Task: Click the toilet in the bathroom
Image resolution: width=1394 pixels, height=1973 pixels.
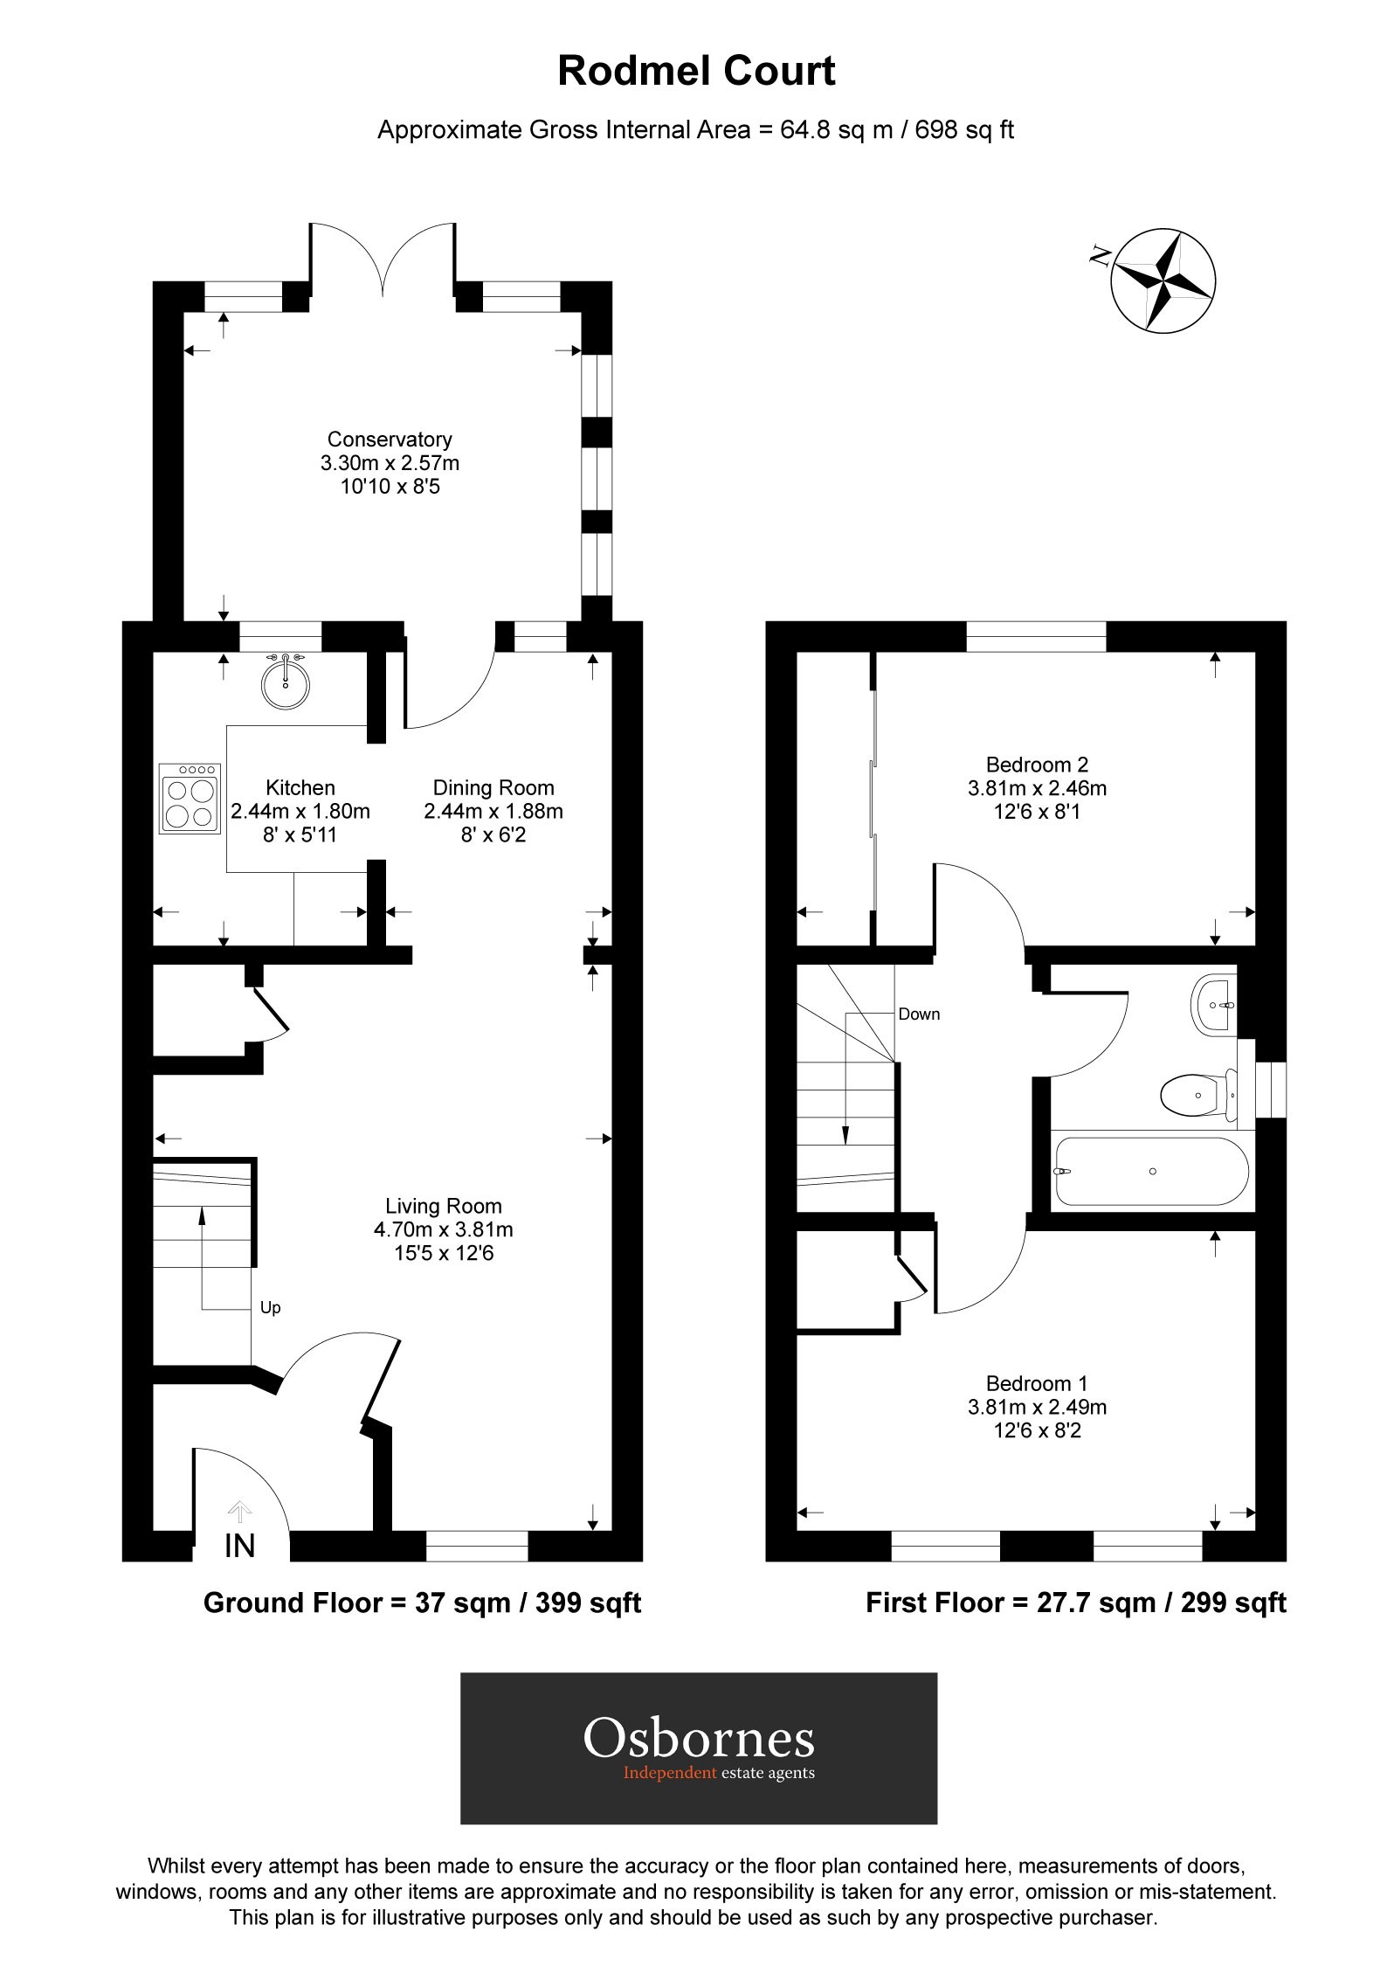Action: click(x=1197, y=1094)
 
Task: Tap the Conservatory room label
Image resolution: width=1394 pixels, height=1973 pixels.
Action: click(x=390, y=440)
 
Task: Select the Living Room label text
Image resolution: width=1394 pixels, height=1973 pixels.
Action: click(x=444, y=1207)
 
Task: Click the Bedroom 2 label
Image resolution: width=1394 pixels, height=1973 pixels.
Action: click(x=1037, y=765)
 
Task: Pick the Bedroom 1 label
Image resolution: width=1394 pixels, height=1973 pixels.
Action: click(x=1037, y=1383)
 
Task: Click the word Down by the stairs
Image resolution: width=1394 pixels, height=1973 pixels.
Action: click(x=919, y=1014)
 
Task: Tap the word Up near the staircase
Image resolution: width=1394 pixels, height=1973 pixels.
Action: click(x=271, y=1308)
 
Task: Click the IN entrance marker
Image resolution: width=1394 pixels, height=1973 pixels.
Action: click(x=239, y=1546)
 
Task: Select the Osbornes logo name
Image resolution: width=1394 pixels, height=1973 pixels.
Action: click(x=699, y=1740)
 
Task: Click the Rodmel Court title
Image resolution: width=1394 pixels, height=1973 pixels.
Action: click(x=696, y=71)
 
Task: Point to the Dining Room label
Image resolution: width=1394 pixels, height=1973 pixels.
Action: click(x=493, y=787)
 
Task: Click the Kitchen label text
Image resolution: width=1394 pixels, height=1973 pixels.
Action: click(x=300, y=787)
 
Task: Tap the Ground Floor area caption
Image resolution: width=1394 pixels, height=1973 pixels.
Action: click(x=422, y=1603)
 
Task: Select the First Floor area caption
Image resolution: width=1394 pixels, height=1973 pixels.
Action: click(x=1076, y=1603)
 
